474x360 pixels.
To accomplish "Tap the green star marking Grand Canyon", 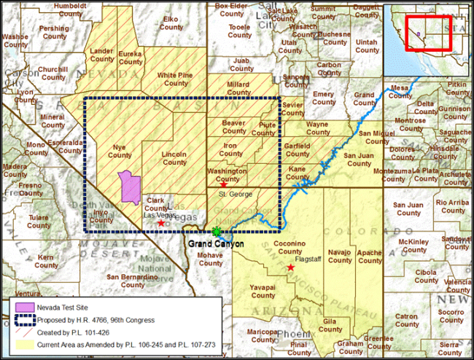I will tap(216, 232).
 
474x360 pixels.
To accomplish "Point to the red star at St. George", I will tap(223, 185).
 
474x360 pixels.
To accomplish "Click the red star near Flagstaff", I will tap(291, 268).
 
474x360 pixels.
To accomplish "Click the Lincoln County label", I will tap(174, 158).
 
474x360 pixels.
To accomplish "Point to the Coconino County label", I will tap(293, 248).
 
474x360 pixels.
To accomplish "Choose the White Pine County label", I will tap(176, 79).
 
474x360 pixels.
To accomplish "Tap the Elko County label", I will tap(172, 23).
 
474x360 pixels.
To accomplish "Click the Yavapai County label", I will tap(263, 291).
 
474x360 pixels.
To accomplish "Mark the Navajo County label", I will tap(339, 256).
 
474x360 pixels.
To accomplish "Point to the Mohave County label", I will tap(211, 259).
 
